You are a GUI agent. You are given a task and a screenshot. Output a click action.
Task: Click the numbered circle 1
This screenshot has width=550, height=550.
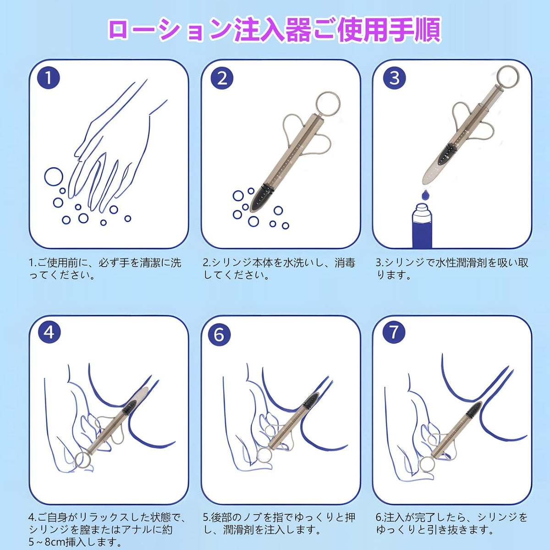pyautogui.click(x=49, y=77)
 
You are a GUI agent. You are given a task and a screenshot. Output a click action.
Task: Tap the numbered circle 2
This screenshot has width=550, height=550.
pyautogui.click(x=222, y=78)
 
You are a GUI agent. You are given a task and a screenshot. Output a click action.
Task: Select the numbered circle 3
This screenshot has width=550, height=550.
pyautogui.click(x=394, y=77)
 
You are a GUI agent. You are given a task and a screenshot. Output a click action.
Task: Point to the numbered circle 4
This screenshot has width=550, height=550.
pyautogui.click(x=49, y=332)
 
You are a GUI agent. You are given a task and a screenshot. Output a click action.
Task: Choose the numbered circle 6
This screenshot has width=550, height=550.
pyautogui.click(x=219, y=334)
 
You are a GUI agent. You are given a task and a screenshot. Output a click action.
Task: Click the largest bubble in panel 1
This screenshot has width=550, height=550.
pyautogui.click(x=54, y=176)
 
